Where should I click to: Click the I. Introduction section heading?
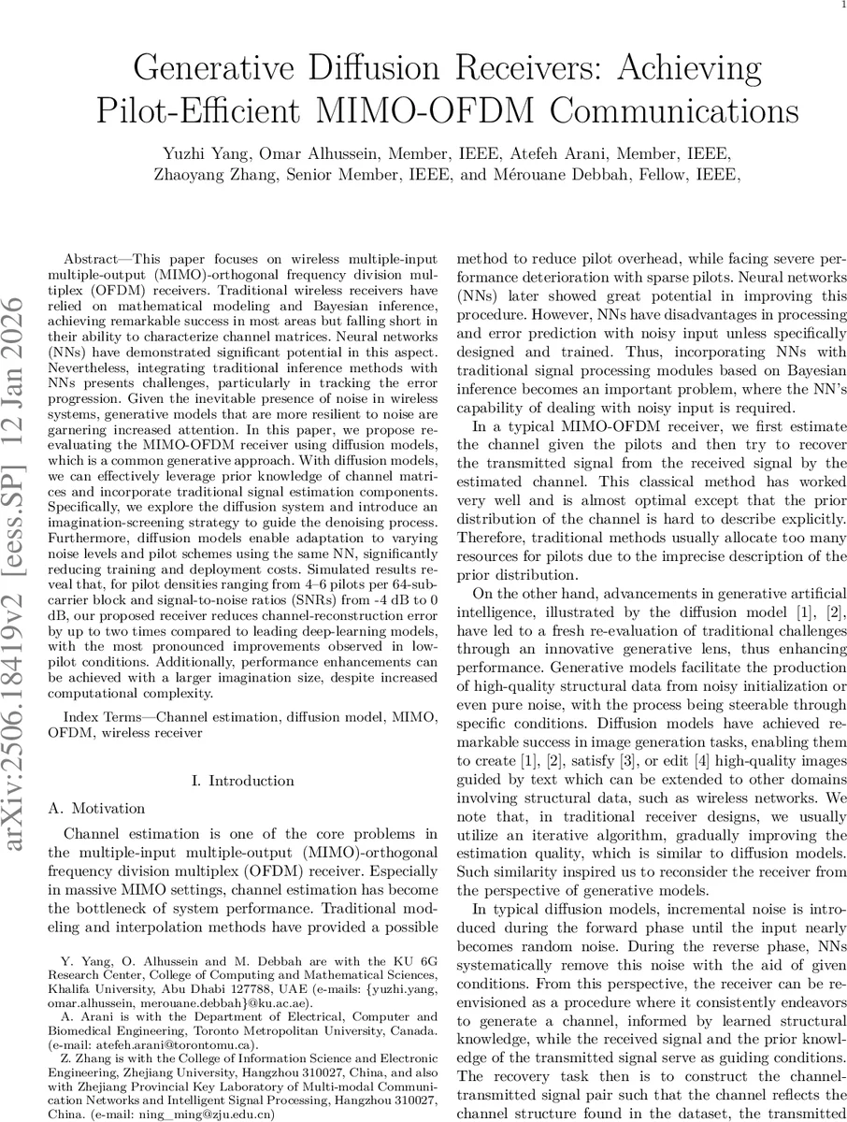(x=241, y=781)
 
